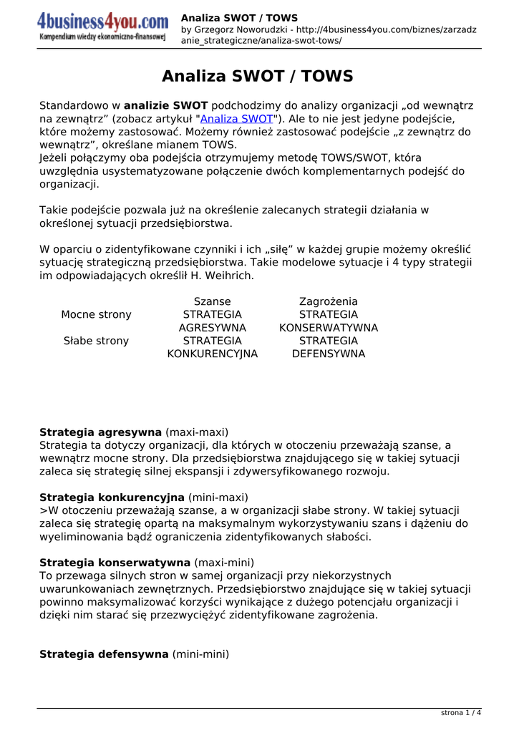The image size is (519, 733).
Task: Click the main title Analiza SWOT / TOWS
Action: coord(258,77)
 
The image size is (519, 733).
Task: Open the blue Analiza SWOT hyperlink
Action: coord(236,119)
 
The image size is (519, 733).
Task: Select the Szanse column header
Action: coord(213,302)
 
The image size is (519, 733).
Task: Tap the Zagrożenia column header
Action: coord(329,302)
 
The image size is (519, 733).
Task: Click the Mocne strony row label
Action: coord(97,315)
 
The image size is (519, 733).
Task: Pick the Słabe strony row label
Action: coord(97,341)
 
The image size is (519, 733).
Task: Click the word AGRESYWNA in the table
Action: coord(213,328)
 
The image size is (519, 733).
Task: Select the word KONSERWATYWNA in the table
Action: coord(329,328)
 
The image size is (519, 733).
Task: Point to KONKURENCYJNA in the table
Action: coord(213,354)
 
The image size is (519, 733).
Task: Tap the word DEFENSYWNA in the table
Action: coord(329,354)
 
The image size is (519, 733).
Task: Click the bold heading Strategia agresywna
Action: coord(100,432)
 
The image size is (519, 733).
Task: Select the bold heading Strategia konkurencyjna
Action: coord(112,497)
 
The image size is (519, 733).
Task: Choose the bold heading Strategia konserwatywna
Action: coord(115,563)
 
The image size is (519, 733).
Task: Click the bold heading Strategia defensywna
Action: coord(105,654)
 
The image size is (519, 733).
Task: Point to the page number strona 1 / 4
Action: coord(461,713)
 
